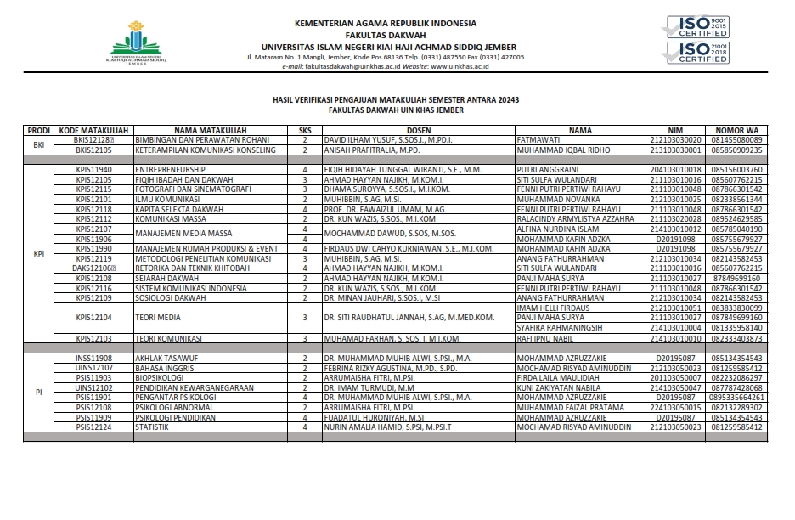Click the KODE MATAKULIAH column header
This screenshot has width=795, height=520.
(93, 131)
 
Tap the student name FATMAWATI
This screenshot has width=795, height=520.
(539, 139)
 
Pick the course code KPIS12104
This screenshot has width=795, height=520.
(93, 317)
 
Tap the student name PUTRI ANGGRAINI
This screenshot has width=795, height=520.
(548, 170)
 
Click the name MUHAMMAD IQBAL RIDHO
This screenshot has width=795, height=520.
(562, 150)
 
